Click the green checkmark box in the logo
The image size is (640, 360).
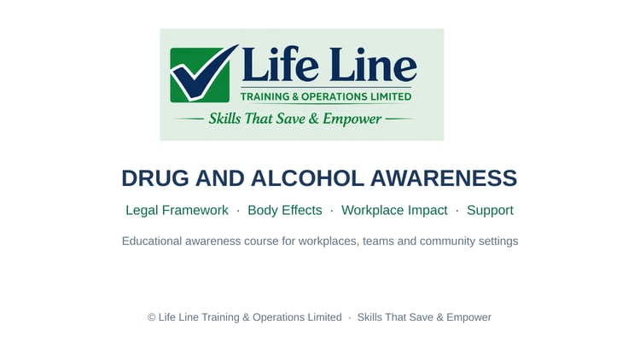pyautogui.click(x=200, y=75)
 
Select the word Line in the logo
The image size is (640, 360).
pyautogui.click(x=373, y=64)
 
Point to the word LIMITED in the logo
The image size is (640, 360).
pyautogui.click(x=391, y=96)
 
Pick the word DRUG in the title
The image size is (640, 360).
pyautogui.click(x=155, y=178)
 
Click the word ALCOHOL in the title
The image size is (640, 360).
pyautogui.click(x=307, y=178)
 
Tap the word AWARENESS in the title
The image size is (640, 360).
pyautogui.click(x=444, y=178)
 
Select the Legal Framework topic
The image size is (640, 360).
pyautogui.click(x=177, y=210)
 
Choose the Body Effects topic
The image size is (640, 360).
pyautogui.click(x=285, y=210)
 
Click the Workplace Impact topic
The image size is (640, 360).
pyautogui.click(x=394, y=211)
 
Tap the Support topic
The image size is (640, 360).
pyautogui.click(x=490, y=211)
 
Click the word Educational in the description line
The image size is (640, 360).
pyautogui.click(x=152, y=241)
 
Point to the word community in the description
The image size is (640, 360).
pyautogui.click(x=447, y=241)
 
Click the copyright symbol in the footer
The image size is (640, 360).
pyautogui.click(x=151, y=317)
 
